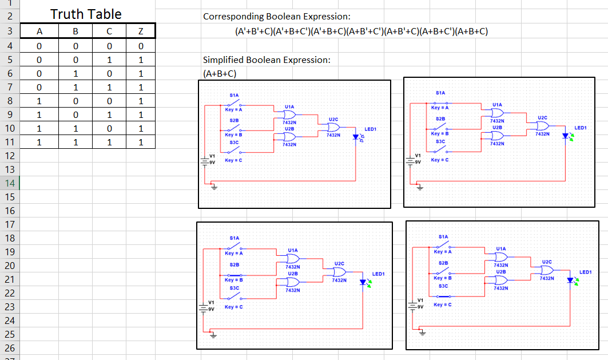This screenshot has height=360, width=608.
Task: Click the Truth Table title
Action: click(x=86, y=14)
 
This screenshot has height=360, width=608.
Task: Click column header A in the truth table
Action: click(x=39, y=31)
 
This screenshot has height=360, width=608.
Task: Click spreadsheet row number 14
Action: click(x=10, y=183)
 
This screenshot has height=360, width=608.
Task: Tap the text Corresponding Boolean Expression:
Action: click(x=277, y=17)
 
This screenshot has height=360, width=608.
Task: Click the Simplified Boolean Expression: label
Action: click(x=267, y=60)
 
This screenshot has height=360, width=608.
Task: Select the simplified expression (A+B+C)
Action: click(x=220, y=73)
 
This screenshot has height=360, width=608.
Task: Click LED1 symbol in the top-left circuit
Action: click(x=356, y=137)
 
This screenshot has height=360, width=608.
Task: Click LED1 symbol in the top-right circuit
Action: click(x=566, y=136)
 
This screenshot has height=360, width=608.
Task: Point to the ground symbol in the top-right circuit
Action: click(x=419, y=188)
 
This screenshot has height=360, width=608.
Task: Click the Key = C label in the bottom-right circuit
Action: click(x=443, y=304)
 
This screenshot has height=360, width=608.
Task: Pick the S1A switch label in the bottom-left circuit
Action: click(x=234, y=238)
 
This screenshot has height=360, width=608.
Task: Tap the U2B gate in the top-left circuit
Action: click(x=289, y=136)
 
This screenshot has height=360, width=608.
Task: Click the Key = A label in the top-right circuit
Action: click(x=440, y=108)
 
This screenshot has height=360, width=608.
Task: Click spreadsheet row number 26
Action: click(x=10, y=348)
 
